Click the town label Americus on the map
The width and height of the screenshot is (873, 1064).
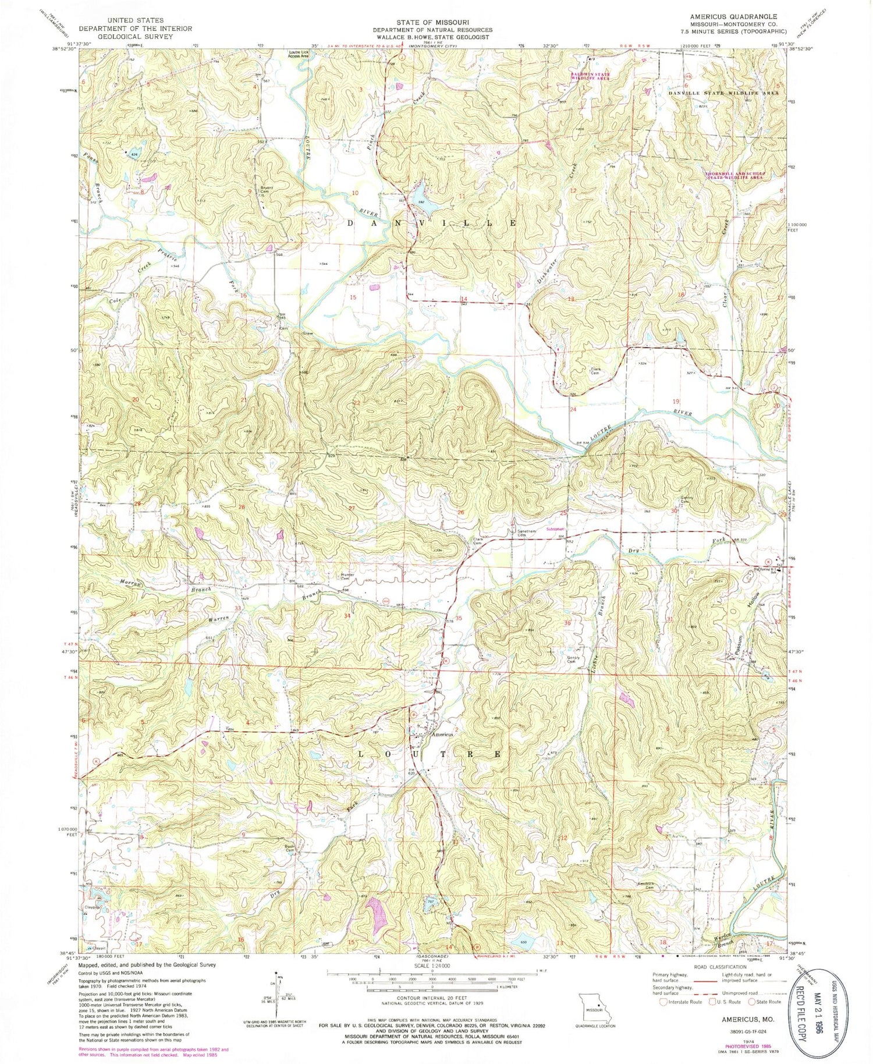coord(441,734)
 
